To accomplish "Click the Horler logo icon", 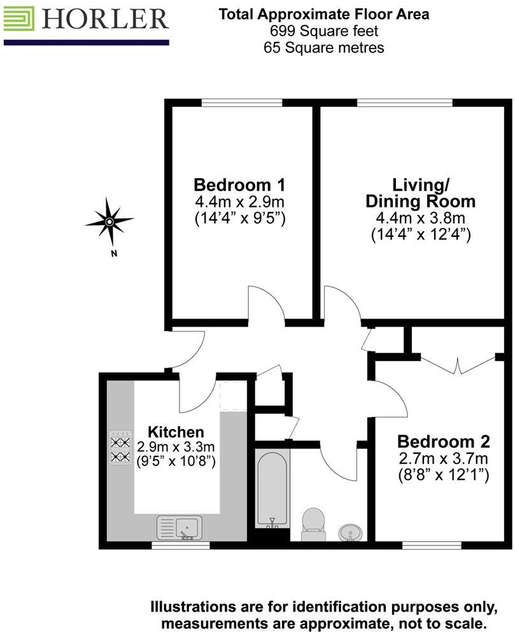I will pos(19,20).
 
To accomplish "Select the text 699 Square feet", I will pos(324,31).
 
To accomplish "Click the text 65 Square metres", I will pos(324,48).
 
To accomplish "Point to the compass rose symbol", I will pos(109,221).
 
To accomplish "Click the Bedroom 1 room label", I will pos(239,185).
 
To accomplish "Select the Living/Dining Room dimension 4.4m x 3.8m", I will pos(420,218).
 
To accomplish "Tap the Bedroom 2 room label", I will pos(442,441).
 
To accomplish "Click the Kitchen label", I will pos(176,432).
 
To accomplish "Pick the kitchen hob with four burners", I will pos(119,448).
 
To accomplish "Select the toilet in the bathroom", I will pos(313,523).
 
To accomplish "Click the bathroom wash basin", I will pos(349,531).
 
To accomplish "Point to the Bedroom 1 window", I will pos(241,102).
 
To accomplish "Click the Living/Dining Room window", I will pos(404,102).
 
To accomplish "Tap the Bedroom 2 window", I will pos(432,545).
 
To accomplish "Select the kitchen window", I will pos(181,545).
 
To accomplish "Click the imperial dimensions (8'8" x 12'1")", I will pos(442,475).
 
